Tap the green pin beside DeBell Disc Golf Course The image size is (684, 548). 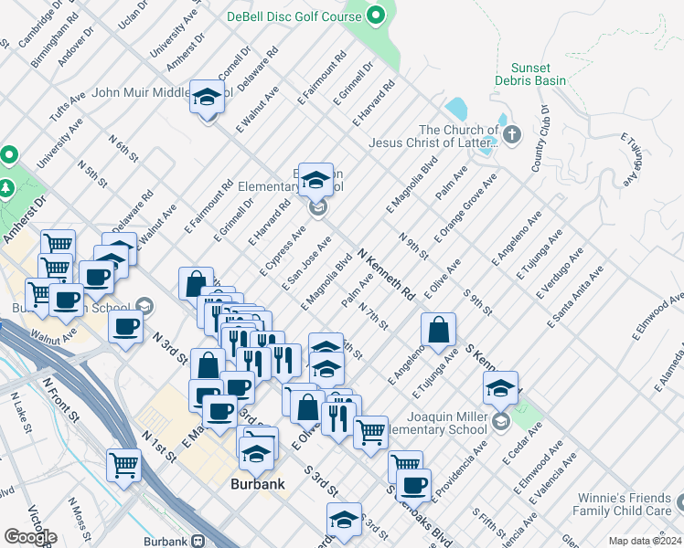375,15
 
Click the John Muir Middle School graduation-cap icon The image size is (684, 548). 208,97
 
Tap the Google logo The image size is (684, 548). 30,537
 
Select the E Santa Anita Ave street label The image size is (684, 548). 576,297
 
